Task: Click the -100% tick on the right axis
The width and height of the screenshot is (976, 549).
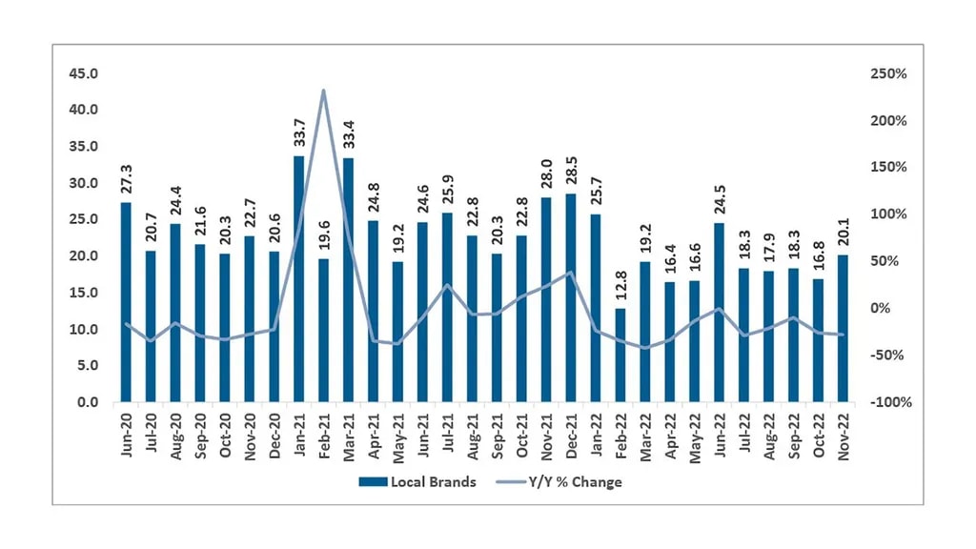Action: [x=889, y=402]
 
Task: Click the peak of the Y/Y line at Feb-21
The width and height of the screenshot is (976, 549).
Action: [x=323, y=91]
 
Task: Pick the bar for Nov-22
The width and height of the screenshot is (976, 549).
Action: [x=844, y=329]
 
